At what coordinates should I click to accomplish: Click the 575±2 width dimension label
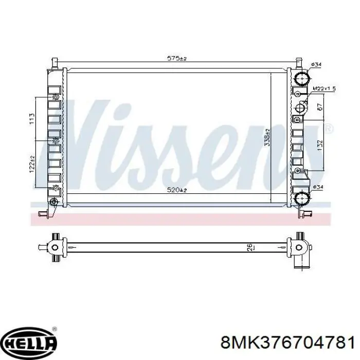[x=177, y=58]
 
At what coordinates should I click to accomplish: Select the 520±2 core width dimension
[x=177, y=190]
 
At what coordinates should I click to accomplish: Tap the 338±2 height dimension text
[x=267, y=137]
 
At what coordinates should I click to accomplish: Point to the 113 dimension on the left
[x=32, y=119]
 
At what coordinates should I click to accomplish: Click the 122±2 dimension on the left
[x=32, y=164]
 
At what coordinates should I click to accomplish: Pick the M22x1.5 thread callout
[x=324, y=88]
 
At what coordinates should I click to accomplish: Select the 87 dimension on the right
[x=320, y=106]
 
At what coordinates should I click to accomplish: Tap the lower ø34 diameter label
[x=318, y=187]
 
